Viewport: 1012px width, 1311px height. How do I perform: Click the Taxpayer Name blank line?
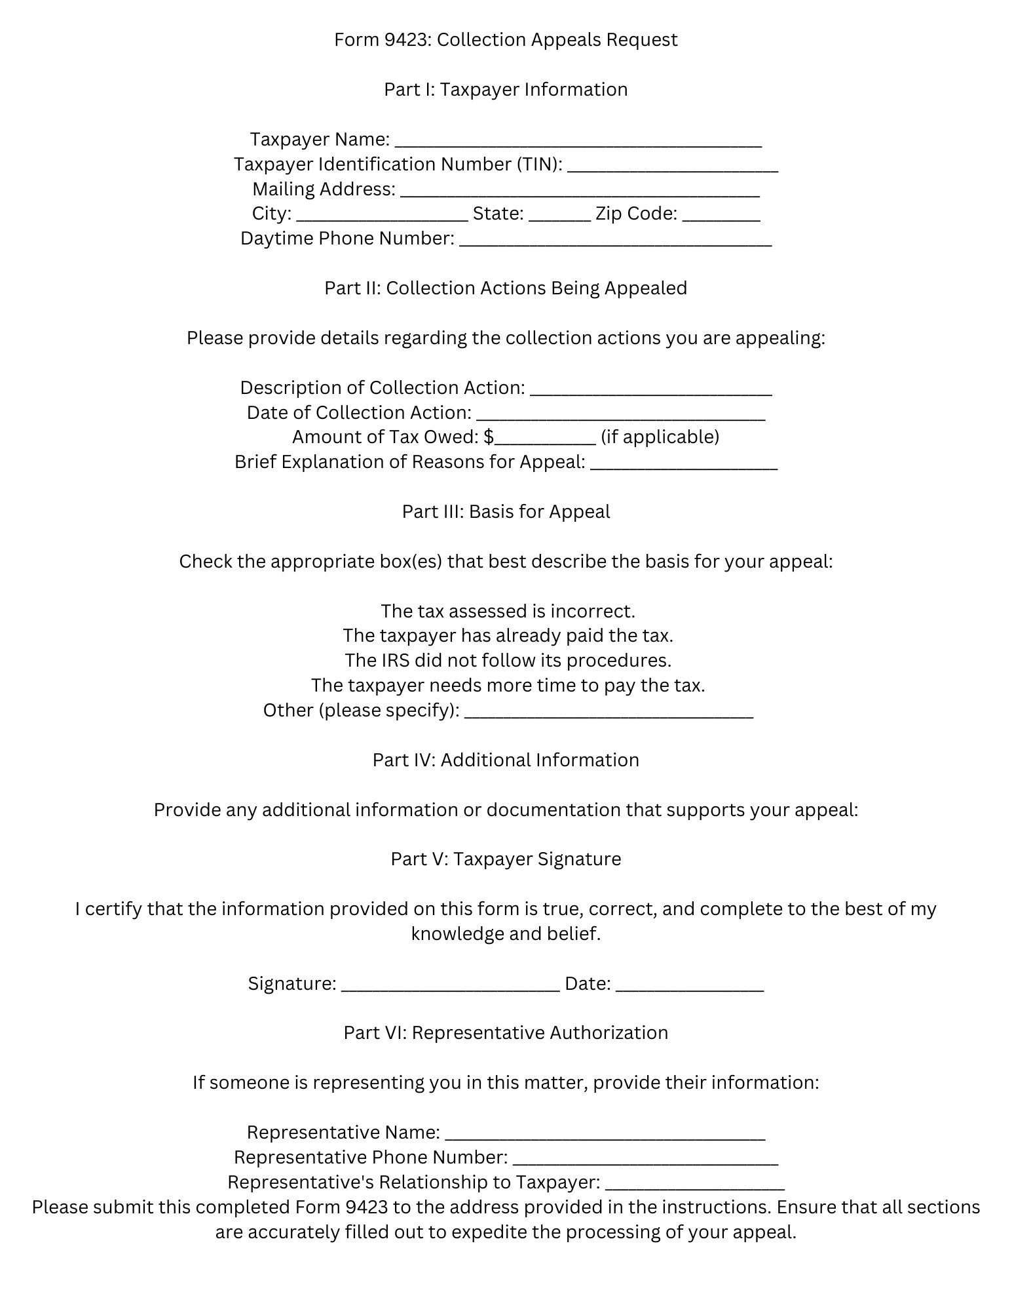[578, 140]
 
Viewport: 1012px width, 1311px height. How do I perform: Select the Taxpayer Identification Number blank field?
[673, 165]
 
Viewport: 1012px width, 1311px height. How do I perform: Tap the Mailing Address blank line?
[580, 190]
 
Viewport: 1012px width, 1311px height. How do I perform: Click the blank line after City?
[382, 215]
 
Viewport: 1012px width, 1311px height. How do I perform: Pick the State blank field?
[559, 215]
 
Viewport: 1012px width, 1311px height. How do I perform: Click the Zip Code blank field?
[721, 215]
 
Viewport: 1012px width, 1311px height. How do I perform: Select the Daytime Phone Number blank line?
[616, 240]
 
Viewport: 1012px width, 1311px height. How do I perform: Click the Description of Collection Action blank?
[650, 389]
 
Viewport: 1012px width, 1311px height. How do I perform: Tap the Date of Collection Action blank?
[620, 414]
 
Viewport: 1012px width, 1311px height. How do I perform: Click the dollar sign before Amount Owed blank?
[489, 437]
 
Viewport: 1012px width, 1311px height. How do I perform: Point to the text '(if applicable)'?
[660, 437]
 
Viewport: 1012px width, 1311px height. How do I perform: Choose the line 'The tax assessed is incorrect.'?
[508, 611]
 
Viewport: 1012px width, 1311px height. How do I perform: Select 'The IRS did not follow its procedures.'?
[508, 660]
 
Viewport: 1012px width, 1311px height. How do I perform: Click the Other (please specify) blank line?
[609, 712]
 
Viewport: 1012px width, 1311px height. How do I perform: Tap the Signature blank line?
[451, 985]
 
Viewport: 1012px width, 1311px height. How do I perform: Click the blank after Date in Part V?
[690, 985]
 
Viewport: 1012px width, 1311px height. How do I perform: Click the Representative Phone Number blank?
[645, 1158]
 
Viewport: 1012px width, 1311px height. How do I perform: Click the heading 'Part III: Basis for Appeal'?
[506, 512]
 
